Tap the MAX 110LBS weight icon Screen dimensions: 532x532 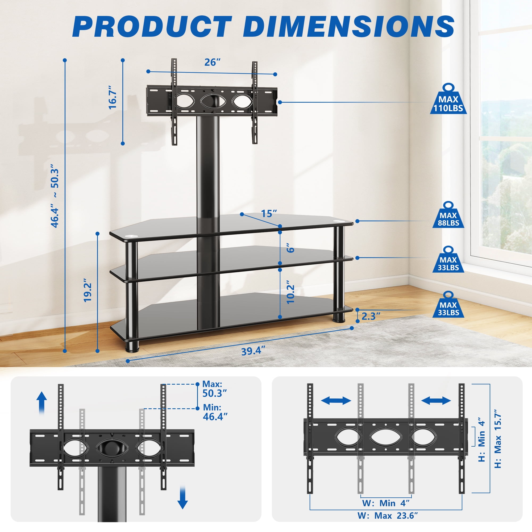click(448, 99)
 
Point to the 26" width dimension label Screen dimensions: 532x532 click(212, 63)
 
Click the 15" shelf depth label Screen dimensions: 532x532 click(269, 213)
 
